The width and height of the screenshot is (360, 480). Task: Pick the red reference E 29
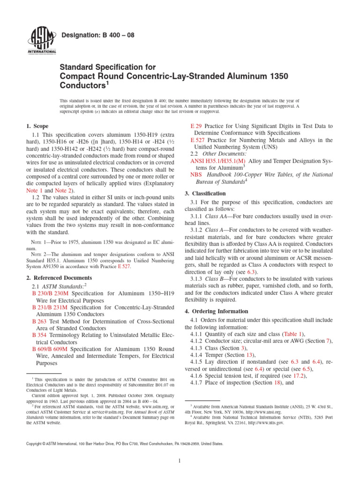196,126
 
